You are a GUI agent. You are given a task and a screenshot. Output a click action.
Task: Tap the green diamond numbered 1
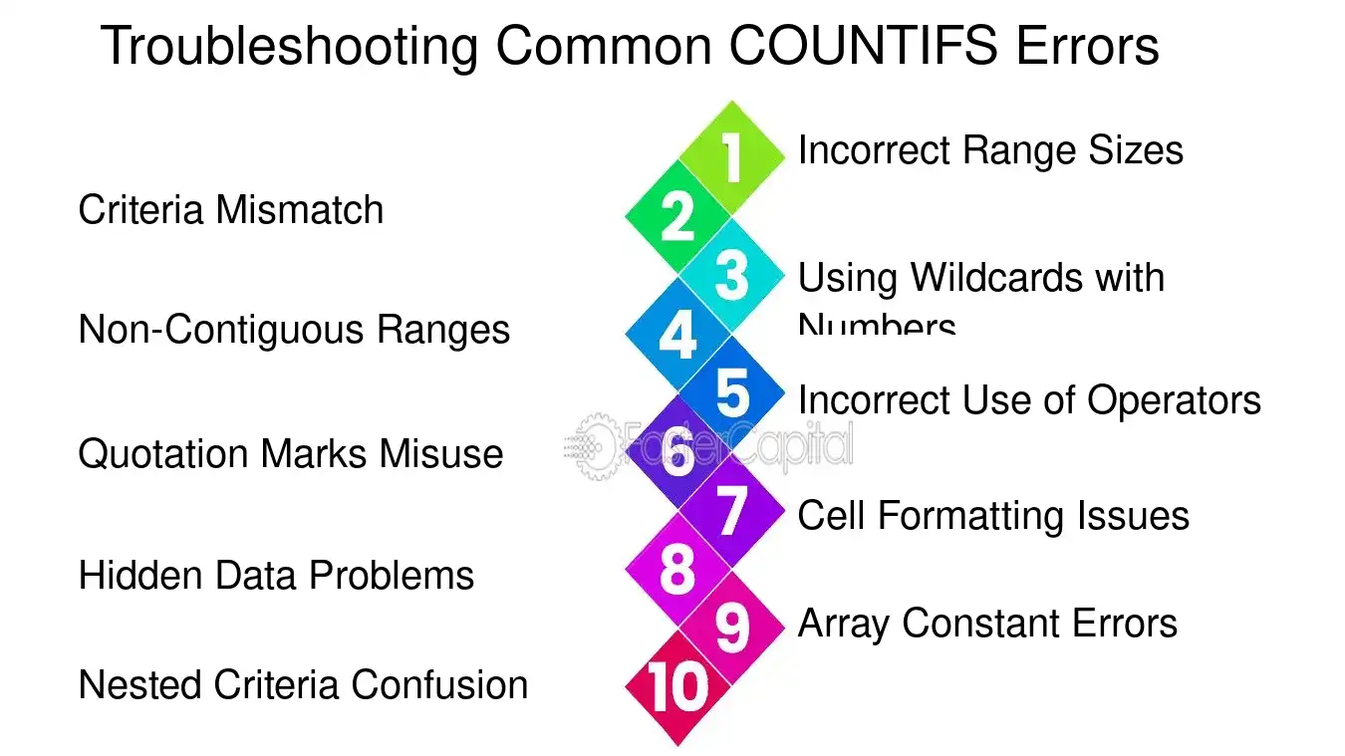(x=732, y=158)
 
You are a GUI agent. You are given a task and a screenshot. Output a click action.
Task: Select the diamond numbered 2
(x=677, y=216)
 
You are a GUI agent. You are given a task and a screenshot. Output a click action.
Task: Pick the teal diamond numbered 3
(x=732, y=275)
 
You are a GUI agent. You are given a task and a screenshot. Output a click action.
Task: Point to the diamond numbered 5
(x=732, y=392)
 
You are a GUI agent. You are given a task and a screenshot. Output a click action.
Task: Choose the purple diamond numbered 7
(x=732, y=510)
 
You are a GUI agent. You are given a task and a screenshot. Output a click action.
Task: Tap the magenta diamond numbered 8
(x=677, y=570)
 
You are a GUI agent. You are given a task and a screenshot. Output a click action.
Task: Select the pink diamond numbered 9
(x=732, y=628)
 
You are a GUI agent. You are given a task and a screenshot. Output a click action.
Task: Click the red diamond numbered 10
(x=677, y=687)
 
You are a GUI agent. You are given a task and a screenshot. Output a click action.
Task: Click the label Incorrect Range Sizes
(x=990, y=150)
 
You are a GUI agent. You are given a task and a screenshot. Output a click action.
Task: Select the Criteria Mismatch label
(x=230, y=210)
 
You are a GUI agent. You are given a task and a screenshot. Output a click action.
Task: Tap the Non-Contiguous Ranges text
(x=294, y=330)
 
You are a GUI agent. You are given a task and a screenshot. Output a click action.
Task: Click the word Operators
(x=1174, y=400)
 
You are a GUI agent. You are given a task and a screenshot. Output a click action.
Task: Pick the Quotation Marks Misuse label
(x=290, y=454)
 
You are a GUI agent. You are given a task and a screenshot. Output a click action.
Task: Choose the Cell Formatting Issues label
(x=993, y=516)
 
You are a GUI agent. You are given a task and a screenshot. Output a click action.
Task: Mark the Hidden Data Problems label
(x=276, y=576)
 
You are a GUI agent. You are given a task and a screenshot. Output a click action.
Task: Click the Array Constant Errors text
(x=987, y=624)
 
